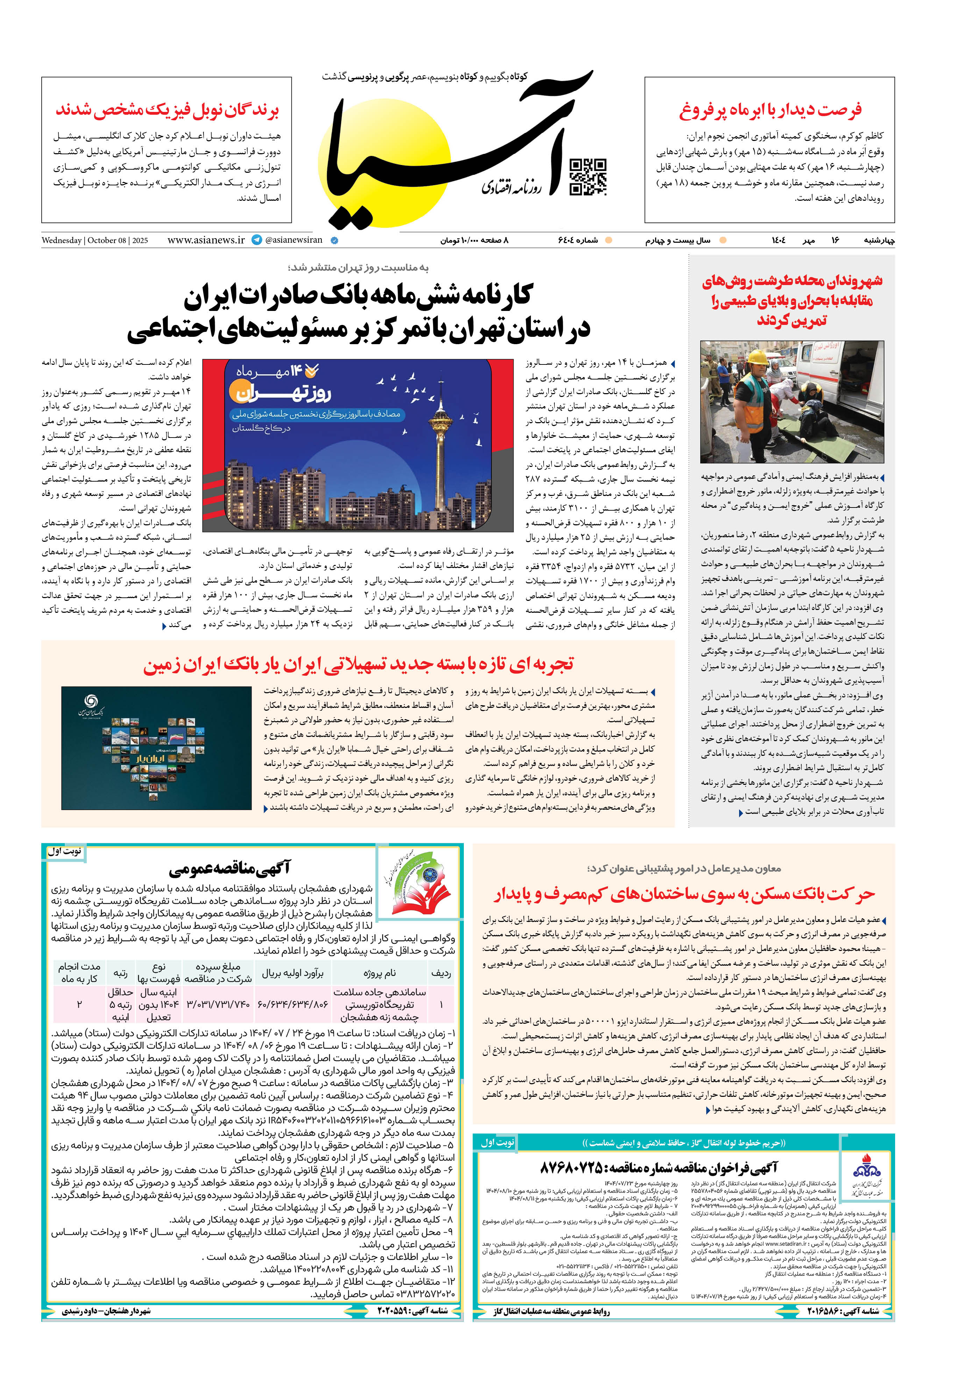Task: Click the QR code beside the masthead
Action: [x=587, y=177]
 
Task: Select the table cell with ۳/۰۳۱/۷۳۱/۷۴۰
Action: [x=218, y=1004]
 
